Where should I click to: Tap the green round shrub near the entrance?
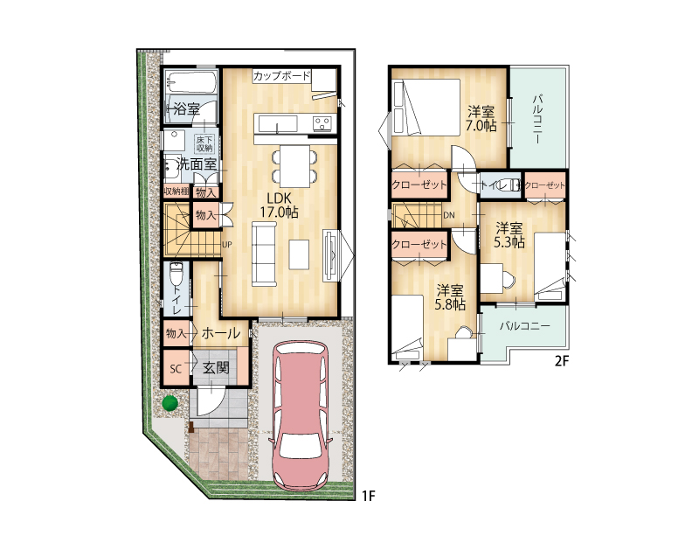tap(170, 403)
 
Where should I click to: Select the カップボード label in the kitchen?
tap(281, 76)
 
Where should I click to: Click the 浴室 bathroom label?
tap(186, 109)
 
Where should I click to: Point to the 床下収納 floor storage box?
tap(204, 143)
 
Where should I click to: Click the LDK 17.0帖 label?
tap(279, 205)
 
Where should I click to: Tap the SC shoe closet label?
tap(176, 369)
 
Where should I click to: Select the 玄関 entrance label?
tap(216, 368)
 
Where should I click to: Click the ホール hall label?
tap(221, 333)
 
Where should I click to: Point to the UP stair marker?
tap(227, 245)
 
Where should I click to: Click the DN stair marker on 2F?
tap(449, 215)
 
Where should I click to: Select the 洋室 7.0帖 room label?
tap(481, 118)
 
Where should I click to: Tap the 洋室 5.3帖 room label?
tap(509, 235)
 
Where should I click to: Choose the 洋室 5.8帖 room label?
tap(450, 297)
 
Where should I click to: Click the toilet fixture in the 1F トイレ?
tap(176, 274)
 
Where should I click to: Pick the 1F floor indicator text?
tap(369, 496)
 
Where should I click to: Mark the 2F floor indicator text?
tap(562, 360)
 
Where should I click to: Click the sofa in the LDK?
tap(265, 254)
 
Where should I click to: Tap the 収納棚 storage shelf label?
tap(176, 191)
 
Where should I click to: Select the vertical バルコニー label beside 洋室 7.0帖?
tap(537, 118)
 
